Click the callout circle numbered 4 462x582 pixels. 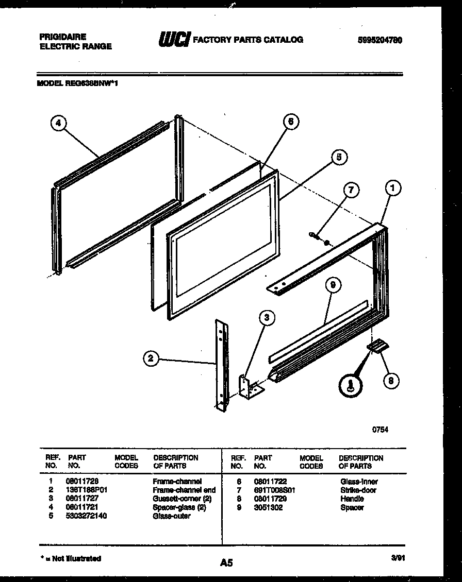pyautogui.click(x=59, y=123)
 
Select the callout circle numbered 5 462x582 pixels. pyautogui.click(x=338, y=157)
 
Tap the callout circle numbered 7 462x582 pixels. pyautogui.click(x=351, y=190)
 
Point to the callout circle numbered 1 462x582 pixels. pyautogui.click(x=392, y=189)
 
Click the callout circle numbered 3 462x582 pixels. pyautogui.click(x=266, y=318)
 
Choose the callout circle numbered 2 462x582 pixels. pyautogui.click(x=151, y=359)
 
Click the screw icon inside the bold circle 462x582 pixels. pyautogui.click(x=351, y=385)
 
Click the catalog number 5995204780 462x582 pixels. pyautogui.click(x=379, y=40)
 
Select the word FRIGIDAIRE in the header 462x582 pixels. pyautogui.click(x=63, y=37)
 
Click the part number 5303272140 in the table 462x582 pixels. pyautogui.click(x=86, y=516)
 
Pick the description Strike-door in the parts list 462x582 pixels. pyautogui.click(x=358, y=490)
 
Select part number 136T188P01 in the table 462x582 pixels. pyautogui.click(x=86, y=490)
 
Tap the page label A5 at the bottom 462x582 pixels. pyautogui.click(x=226, y=563)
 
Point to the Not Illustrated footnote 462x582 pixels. pyautogui.click(x=71, y=558)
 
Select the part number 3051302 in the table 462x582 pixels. pyautogui.click(x=268, y=507)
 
